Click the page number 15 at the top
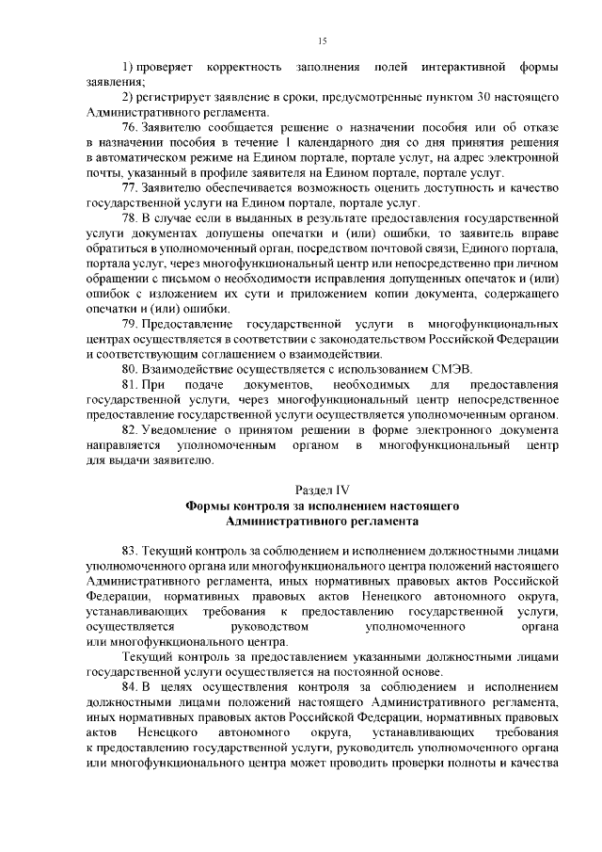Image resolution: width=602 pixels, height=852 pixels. pyautogui.click(x=322, y=40)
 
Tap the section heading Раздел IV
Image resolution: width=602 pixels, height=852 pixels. pyautogui.click(x=322, y=490)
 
